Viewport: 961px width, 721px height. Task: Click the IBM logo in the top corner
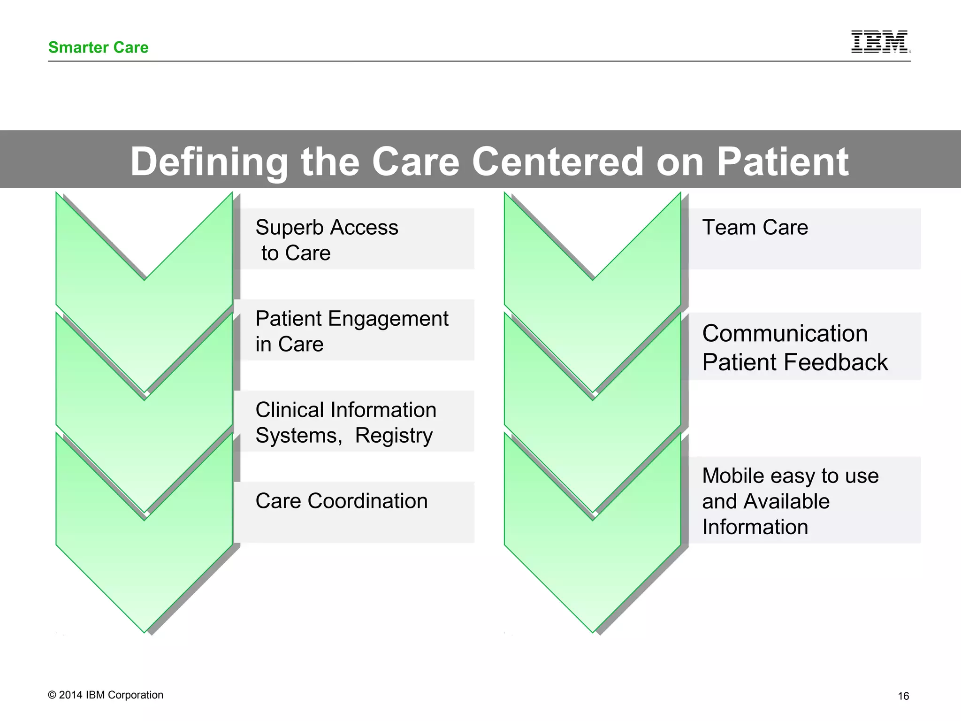point(880,42)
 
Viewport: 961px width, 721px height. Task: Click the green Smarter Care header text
point(98,47)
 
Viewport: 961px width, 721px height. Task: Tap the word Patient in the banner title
point(782,161)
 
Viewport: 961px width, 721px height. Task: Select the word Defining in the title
point(209,161)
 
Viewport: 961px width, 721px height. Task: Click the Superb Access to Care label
point(327,239)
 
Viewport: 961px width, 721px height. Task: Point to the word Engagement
point(388,319)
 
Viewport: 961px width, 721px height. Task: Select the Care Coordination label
point(341,501)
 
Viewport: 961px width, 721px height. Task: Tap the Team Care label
point(755,227)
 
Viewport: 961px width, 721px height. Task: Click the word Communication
point(785,333)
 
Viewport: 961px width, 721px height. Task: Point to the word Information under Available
point(755,527)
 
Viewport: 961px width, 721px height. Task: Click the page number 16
point(903,696)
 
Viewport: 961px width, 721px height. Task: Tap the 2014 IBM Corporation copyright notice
point(106,695)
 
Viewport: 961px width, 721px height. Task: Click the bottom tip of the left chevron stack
point(145,630)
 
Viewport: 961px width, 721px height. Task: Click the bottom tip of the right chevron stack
point(593,630)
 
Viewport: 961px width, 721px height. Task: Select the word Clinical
point(290,410)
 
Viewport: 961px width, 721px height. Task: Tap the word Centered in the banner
point(557,161)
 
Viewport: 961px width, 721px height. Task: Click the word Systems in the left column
point(296,436)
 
